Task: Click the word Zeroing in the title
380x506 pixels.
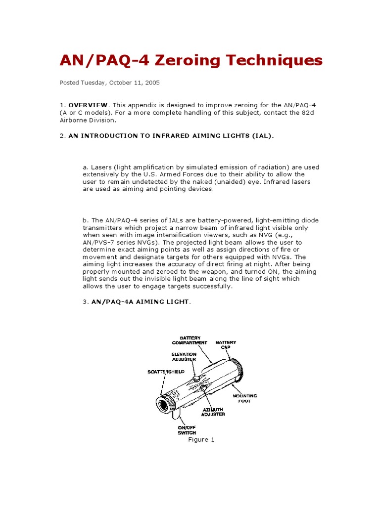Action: tap(184, 61)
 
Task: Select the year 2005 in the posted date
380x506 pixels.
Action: tap(151, 83)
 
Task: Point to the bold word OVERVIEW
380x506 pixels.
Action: tap(88, 105)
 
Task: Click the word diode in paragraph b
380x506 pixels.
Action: tap(308, 220)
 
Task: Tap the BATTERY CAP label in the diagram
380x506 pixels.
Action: tap(225, 344)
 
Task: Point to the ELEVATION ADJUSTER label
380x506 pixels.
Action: tap(184, 357)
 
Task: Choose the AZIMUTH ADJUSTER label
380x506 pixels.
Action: tap(213, 412)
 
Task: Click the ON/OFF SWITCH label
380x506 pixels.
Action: tap(188, 430)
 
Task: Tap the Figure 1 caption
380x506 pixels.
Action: tap(201, 440)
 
